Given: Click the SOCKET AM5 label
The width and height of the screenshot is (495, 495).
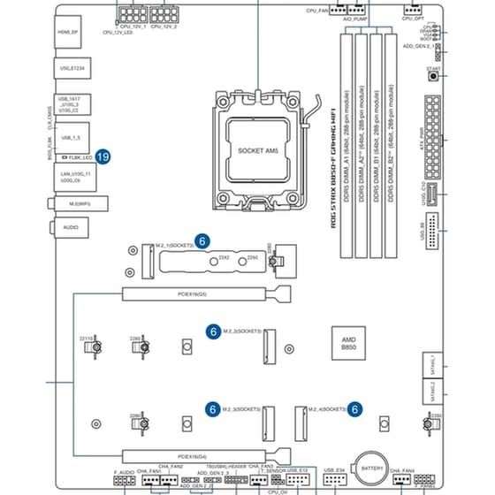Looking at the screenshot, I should point(258,151).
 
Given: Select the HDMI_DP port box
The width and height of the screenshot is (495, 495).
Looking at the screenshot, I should point(68,35).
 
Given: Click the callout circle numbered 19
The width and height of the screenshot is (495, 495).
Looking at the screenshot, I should point(103,156).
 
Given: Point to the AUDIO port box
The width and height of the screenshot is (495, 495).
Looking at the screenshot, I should point(70,227).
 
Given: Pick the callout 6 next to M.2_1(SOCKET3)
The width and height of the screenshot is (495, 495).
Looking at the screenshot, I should point(202,240).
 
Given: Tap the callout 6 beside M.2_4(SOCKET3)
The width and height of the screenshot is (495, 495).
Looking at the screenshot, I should point(354,409).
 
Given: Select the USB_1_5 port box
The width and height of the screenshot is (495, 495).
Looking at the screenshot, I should point(72,138).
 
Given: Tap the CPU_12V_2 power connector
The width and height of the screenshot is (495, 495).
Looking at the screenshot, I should point(164,17).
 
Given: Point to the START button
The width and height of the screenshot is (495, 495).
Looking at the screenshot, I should point(433,76).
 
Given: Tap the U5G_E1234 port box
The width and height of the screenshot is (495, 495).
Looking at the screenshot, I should point(71,67).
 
